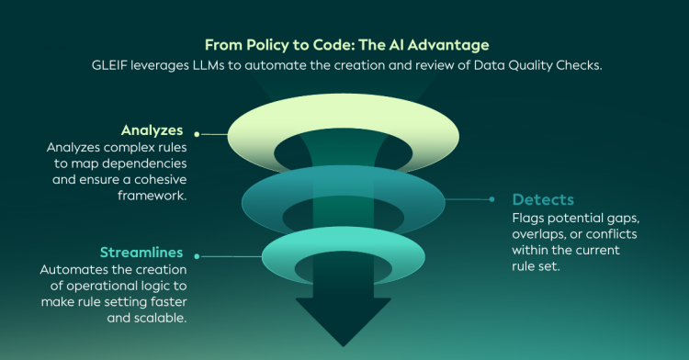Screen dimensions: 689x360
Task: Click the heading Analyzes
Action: pyautogui.click(x=152, y=130)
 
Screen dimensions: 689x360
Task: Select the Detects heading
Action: pyautogui.click(x=543, y=200)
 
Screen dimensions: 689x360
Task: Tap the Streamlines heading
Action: pyautogui.click(x=141, y=253)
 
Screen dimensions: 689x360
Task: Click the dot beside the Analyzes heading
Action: pyautogui.click(x=197, y=134)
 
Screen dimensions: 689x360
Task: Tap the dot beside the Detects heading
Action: pyautogui.click(x=491, y=199)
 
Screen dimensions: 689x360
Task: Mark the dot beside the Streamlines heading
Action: pyautogui.click(x=197, y=256)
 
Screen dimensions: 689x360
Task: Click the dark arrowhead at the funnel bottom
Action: pyautogui.click(x=344, y=321)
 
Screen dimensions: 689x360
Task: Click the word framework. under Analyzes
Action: pyautogui.click(x=152, y=196)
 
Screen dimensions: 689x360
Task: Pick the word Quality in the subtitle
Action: pyautogui.click(x=531, y=65)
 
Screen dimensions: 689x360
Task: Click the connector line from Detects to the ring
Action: pyautogui.click(x=468, y=199)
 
